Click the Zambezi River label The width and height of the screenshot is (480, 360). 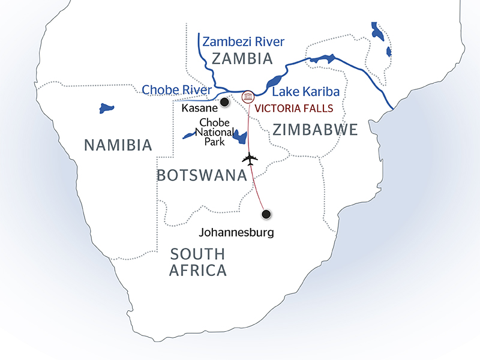tap(244, 41)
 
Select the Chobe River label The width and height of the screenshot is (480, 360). tap(177, 90)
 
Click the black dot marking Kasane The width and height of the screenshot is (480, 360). tap(224, 103)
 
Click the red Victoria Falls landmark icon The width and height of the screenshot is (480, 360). tap(247, 97)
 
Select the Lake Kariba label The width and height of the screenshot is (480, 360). tap(306, 92)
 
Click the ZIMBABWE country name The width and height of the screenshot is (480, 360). tap(315, 129)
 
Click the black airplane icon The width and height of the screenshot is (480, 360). tap(250, 160)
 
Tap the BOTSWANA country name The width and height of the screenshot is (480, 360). tap(202, 175)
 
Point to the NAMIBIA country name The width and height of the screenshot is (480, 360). tap(118, 145)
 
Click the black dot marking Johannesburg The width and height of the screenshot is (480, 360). tap(266, 213)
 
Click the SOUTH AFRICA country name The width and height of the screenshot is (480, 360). tap(198, 262)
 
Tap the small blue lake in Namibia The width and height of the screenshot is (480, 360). tap(106, 109)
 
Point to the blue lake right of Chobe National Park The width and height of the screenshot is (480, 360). tap(241, 137)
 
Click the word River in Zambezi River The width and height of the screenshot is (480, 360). tap(267, 41)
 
